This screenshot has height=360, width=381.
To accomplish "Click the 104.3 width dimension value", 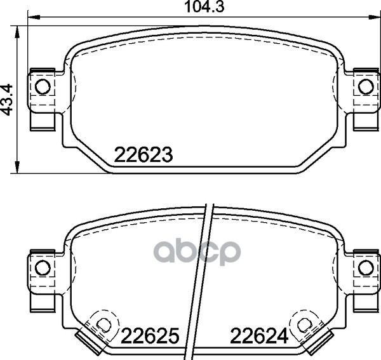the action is pyautogui.click(x=204, y=7).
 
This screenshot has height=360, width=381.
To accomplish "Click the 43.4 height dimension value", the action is pyautogui.click(x=7, y=100).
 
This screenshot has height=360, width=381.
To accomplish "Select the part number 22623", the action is pyautogui.click(x=144, y=155).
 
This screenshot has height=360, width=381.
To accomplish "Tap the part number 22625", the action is pyautogui.click(x=150, y=336).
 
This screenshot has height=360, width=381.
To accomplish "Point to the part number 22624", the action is pyautogui.click(x=259, y=336).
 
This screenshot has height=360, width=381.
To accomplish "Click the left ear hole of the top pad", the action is pyautogui.click(x=43, y=87).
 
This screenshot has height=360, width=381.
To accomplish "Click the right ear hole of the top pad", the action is pyautogui.click(x=366, y=87).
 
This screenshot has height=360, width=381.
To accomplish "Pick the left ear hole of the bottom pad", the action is pyautogui.click(x=43, y=268).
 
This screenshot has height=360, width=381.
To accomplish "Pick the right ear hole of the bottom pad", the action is pyautogui.click(x=366, y=268).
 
